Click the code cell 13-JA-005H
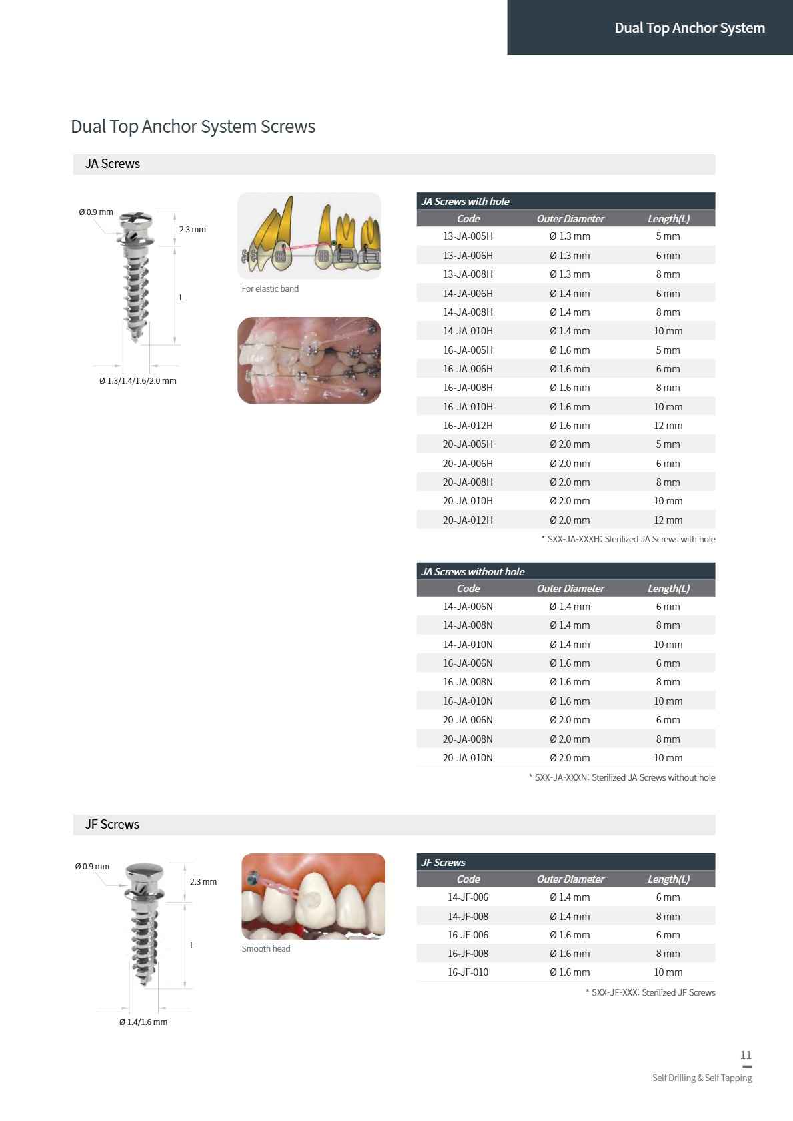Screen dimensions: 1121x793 468,236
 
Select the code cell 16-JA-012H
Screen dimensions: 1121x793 468,426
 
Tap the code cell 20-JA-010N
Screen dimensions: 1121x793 468,758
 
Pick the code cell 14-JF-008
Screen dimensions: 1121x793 468,917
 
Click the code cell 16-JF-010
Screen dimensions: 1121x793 468,972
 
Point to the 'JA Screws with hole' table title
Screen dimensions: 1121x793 465,202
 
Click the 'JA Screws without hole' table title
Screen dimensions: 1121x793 472,572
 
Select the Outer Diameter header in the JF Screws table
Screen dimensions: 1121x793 570,879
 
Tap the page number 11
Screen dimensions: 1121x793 746,1055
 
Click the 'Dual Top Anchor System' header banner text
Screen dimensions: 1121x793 689,28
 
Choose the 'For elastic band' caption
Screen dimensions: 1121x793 270,289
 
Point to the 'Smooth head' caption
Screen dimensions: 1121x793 266,949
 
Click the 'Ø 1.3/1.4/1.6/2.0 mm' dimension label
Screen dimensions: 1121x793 138,381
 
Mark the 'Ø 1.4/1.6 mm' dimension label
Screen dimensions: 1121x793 143,1022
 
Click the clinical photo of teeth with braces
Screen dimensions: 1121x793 309,360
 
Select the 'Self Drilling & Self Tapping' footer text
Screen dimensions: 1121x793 702,1078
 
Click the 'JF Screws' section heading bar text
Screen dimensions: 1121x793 112,825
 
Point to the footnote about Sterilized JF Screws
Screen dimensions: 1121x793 650,992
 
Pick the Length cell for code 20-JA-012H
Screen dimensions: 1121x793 668,520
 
